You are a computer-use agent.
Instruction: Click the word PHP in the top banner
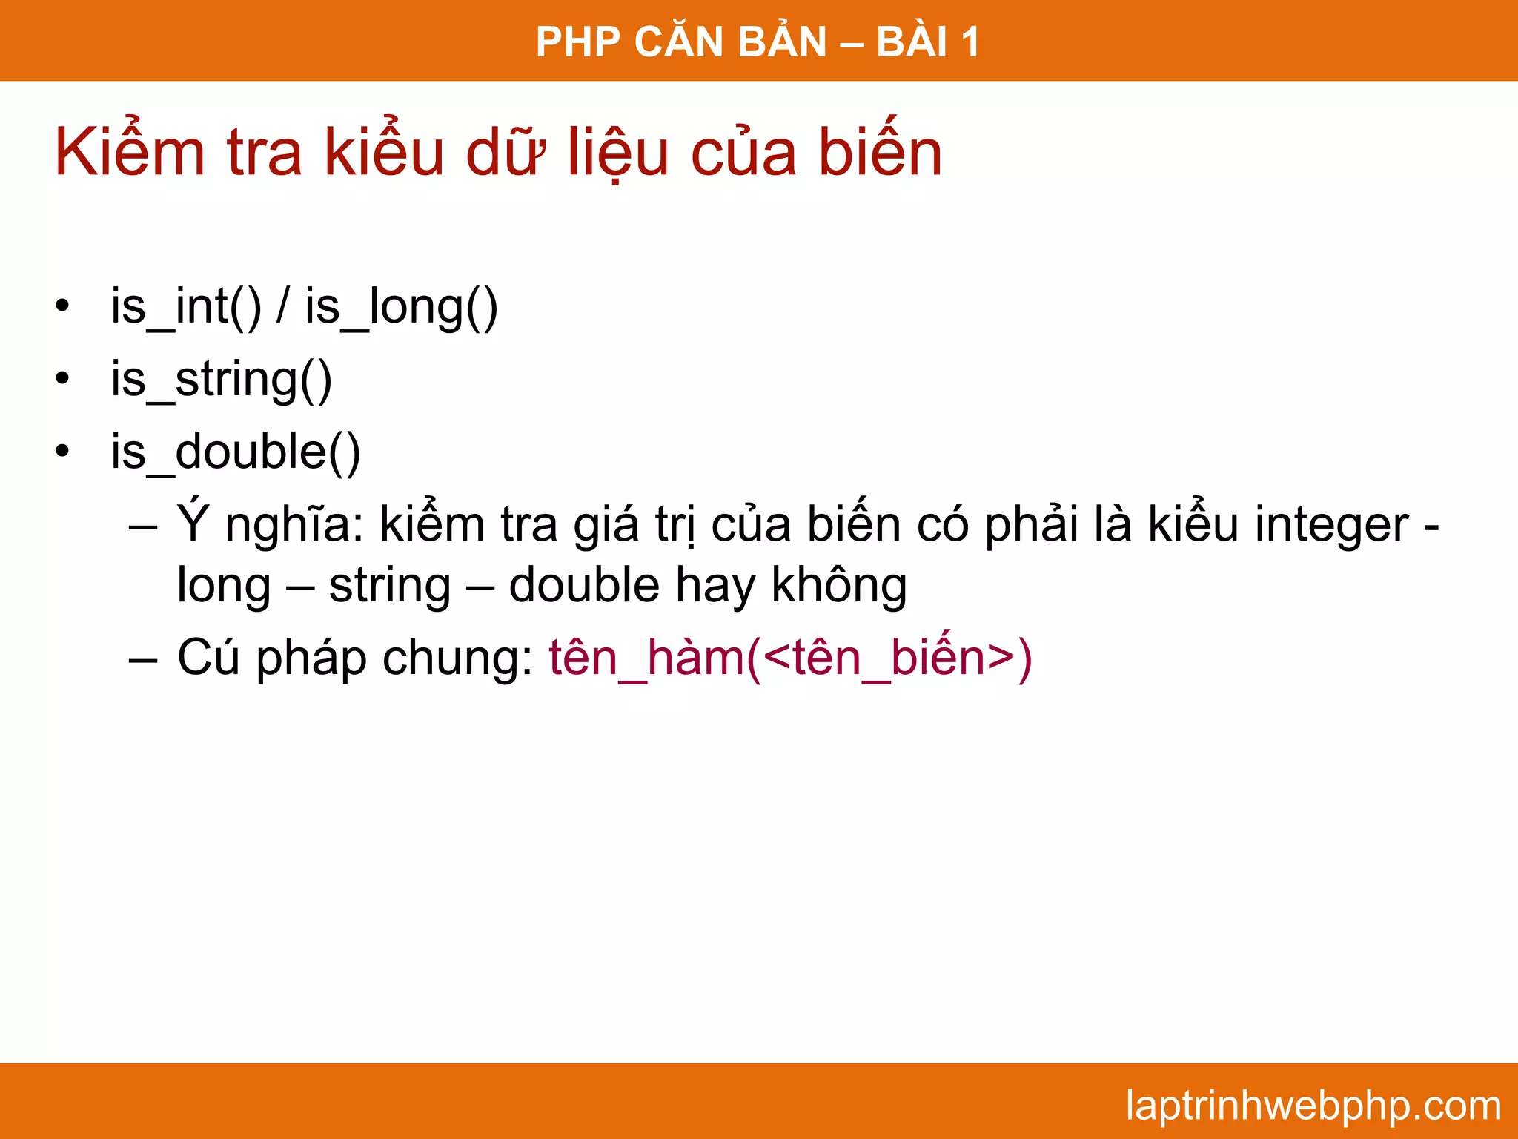point(578,42)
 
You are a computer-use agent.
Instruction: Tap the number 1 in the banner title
point(970,42)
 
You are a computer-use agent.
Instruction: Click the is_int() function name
point(186,306)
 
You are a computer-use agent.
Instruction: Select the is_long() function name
point(401,306)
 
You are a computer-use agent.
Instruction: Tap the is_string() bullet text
point(221,380)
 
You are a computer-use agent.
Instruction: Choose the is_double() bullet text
point(235,452)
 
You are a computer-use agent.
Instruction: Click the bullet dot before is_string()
point(62,379)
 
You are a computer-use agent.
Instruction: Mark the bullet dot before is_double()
point(62,451)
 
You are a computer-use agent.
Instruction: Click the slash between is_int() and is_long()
point(282,306)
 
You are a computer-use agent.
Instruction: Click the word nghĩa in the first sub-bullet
point(294,525)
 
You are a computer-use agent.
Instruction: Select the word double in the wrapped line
point(584,584)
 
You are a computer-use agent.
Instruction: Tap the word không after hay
point(839,584)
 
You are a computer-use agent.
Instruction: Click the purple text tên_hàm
point(646,658)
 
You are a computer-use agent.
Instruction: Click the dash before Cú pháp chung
point(143,658)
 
